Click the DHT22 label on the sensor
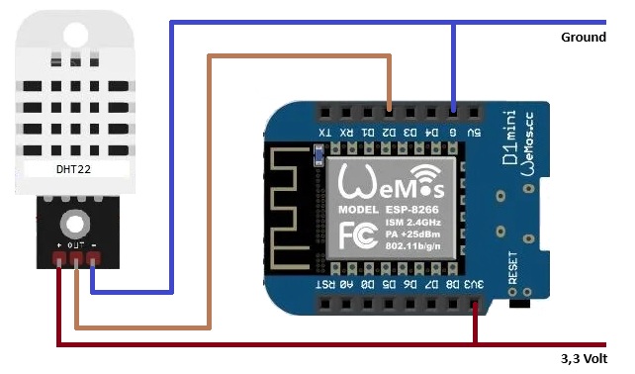tap(69, 168)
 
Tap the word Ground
tap(583, 38)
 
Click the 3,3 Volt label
tap(582, 358)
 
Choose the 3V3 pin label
tap(477, 284)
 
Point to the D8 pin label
tap(454, 284)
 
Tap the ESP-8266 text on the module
tap(419, 211)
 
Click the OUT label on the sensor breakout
tap(75, 242)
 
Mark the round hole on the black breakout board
tap(75, 221)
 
